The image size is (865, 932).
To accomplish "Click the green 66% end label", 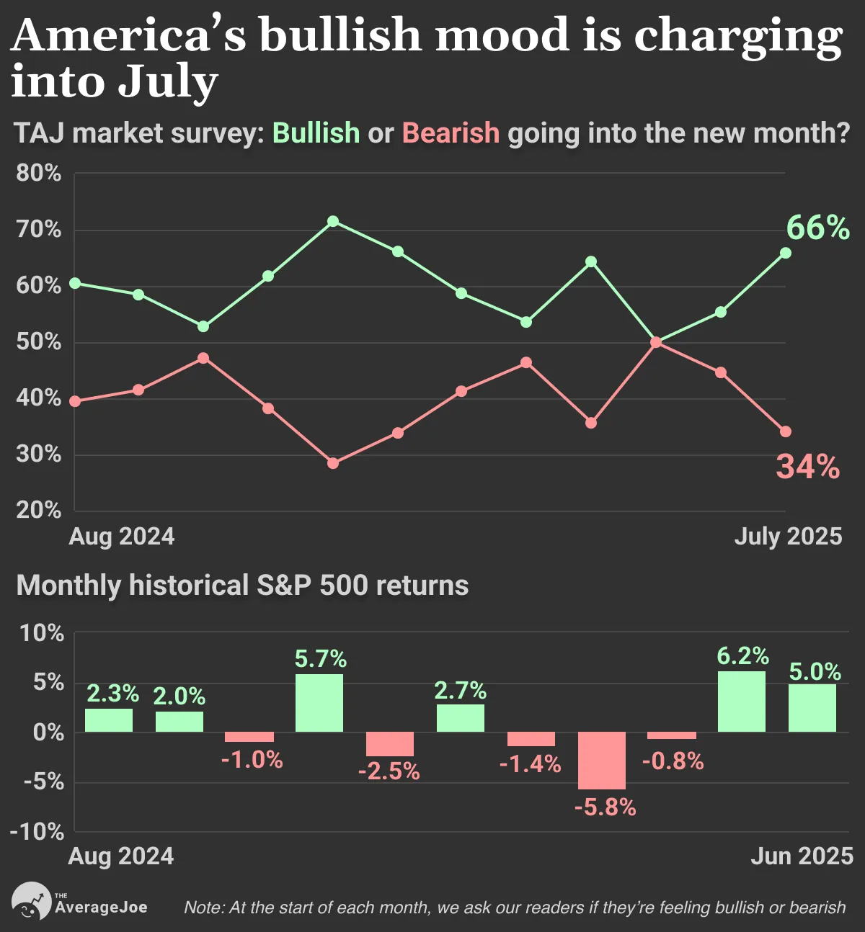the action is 817,228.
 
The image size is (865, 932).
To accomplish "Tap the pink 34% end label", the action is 807,467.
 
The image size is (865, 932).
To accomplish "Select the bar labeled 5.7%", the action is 319,703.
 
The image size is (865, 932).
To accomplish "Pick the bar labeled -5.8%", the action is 601,761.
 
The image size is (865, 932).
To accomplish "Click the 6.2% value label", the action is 743,656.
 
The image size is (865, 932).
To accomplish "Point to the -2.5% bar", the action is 390,744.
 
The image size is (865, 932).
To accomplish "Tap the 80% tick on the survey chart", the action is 38,173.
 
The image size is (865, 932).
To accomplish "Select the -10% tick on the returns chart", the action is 37,832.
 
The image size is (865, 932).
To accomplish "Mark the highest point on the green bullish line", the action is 332,221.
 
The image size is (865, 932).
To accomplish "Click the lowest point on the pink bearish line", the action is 332,464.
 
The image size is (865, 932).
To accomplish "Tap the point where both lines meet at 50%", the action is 656,343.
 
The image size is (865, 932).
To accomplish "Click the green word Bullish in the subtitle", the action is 316,133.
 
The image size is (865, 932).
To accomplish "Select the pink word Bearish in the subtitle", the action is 451,133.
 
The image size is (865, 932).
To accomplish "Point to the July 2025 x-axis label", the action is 788,536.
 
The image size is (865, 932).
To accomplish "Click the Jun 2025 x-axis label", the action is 802,856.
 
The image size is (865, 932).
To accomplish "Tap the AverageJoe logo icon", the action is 31,900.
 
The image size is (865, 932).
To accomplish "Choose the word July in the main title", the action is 167,83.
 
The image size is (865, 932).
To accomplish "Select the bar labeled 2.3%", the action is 109,720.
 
